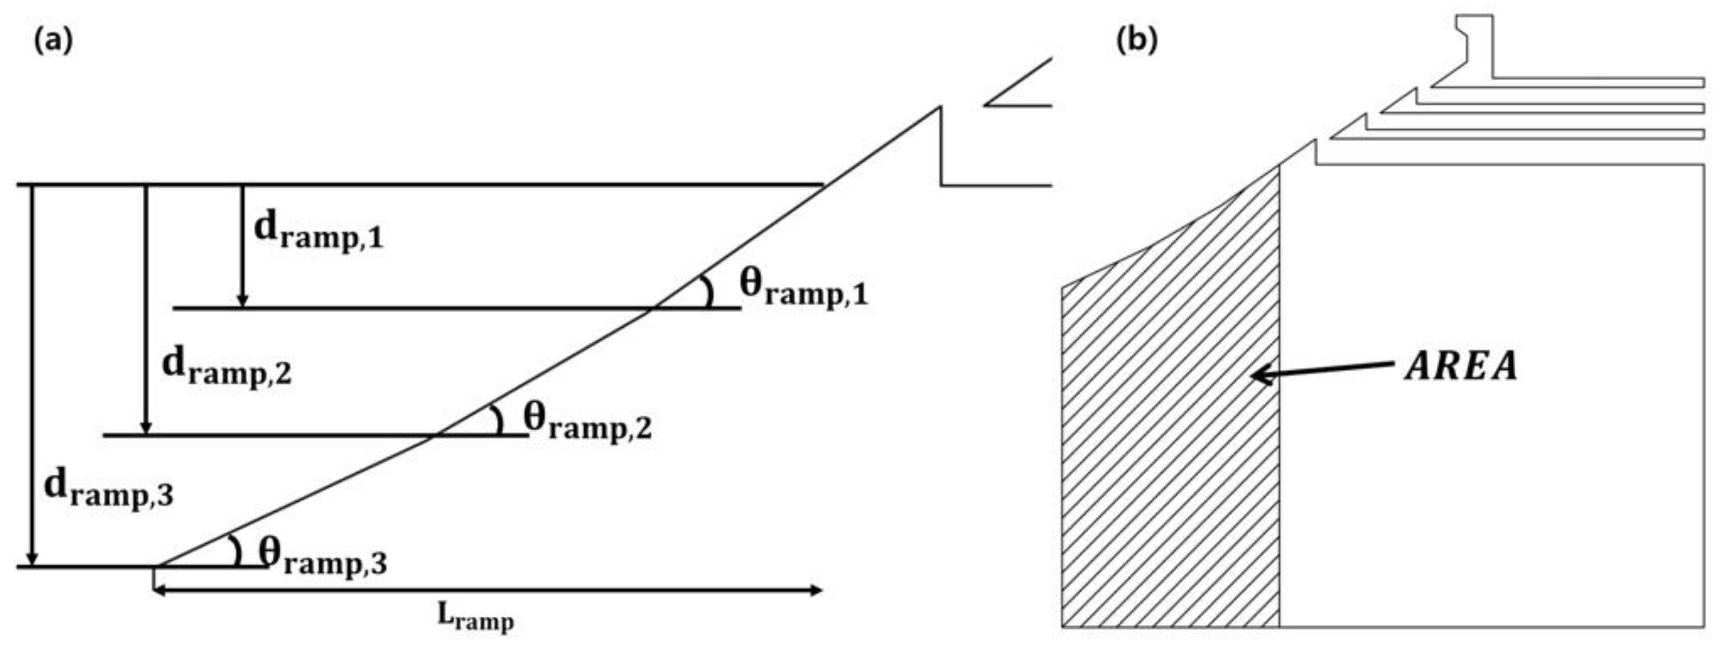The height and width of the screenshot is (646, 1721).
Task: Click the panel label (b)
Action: click(1137, 41)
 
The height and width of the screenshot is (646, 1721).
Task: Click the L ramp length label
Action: click(476, 617)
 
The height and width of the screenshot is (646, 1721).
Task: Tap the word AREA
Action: click(1461, 367)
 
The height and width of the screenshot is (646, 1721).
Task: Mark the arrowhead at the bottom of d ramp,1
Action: click(243, 300)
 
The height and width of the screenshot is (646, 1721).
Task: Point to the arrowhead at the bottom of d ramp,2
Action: click(147, 427)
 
